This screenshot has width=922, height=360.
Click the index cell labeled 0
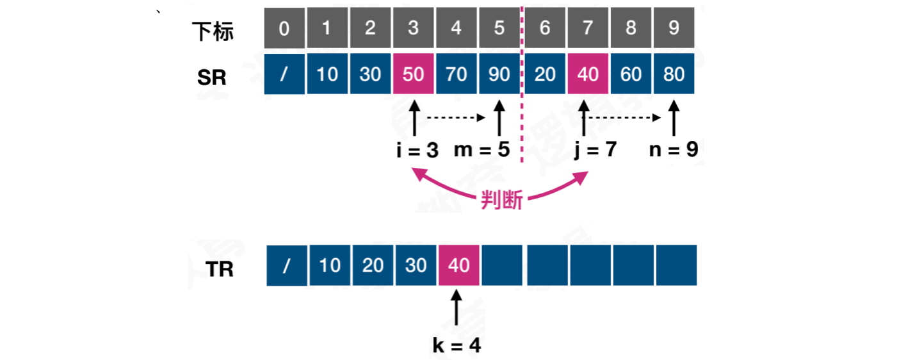(284, 29)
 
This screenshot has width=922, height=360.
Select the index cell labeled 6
(545, 29)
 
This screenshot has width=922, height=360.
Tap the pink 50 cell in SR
(414, 75)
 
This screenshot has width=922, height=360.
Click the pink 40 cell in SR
(588, 75)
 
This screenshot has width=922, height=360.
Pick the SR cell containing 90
(499, 75)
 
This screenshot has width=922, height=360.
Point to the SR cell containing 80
(674, 75)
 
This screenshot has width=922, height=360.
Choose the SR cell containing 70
(457, 75)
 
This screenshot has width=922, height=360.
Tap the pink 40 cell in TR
(458, 265)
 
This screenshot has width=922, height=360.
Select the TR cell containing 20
(373, 265)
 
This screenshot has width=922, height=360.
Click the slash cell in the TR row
(286, 265)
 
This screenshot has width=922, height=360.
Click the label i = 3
(417, 151)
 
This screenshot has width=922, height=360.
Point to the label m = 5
(482, 151)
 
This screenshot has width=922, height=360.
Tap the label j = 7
(595, 151)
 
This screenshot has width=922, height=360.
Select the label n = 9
(674, 151)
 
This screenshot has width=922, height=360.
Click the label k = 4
(457, 346)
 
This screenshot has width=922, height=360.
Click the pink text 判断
(502, 200)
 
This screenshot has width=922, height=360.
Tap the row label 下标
(213, 31)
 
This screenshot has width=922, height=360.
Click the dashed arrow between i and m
(456, 118)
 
